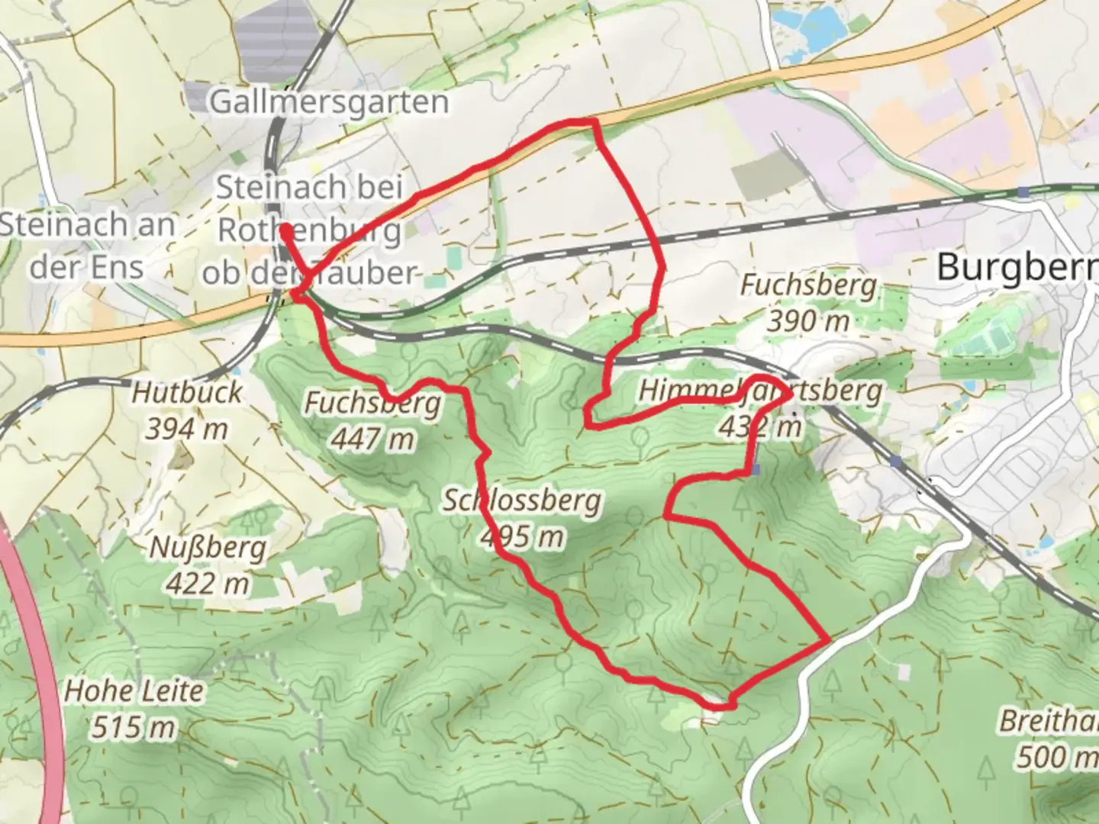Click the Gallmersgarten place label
point(329,101)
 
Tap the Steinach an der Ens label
point(86,245)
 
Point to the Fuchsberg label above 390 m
point(808,286)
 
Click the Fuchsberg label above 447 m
point(372,403)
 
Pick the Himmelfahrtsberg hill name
point(759,391)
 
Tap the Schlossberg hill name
point(523,501)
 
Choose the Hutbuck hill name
point(187,393)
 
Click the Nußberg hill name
point(208,548)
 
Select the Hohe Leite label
point(134,691)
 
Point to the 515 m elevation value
point(134,727)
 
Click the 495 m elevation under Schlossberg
point(523,537)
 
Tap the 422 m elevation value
point(208,584)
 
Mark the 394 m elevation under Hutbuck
point(187,430)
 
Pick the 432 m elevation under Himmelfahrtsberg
point(759,427)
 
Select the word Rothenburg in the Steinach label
point(309,230)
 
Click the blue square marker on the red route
point(756,470)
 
